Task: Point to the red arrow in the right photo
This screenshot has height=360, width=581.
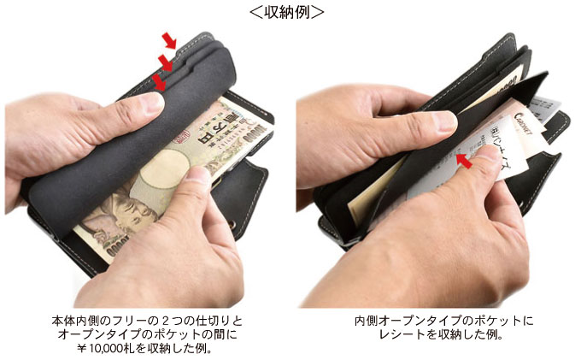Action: [466, 158]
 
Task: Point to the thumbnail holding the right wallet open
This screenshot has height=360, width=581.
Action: [443, 121]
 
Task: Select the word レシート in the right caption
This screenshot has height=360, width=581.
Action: [402, 335]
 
